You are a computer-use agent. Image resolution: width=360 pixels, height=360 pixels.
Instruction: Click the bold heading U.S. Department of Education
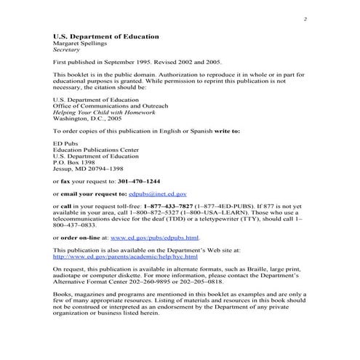[105, 36]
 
